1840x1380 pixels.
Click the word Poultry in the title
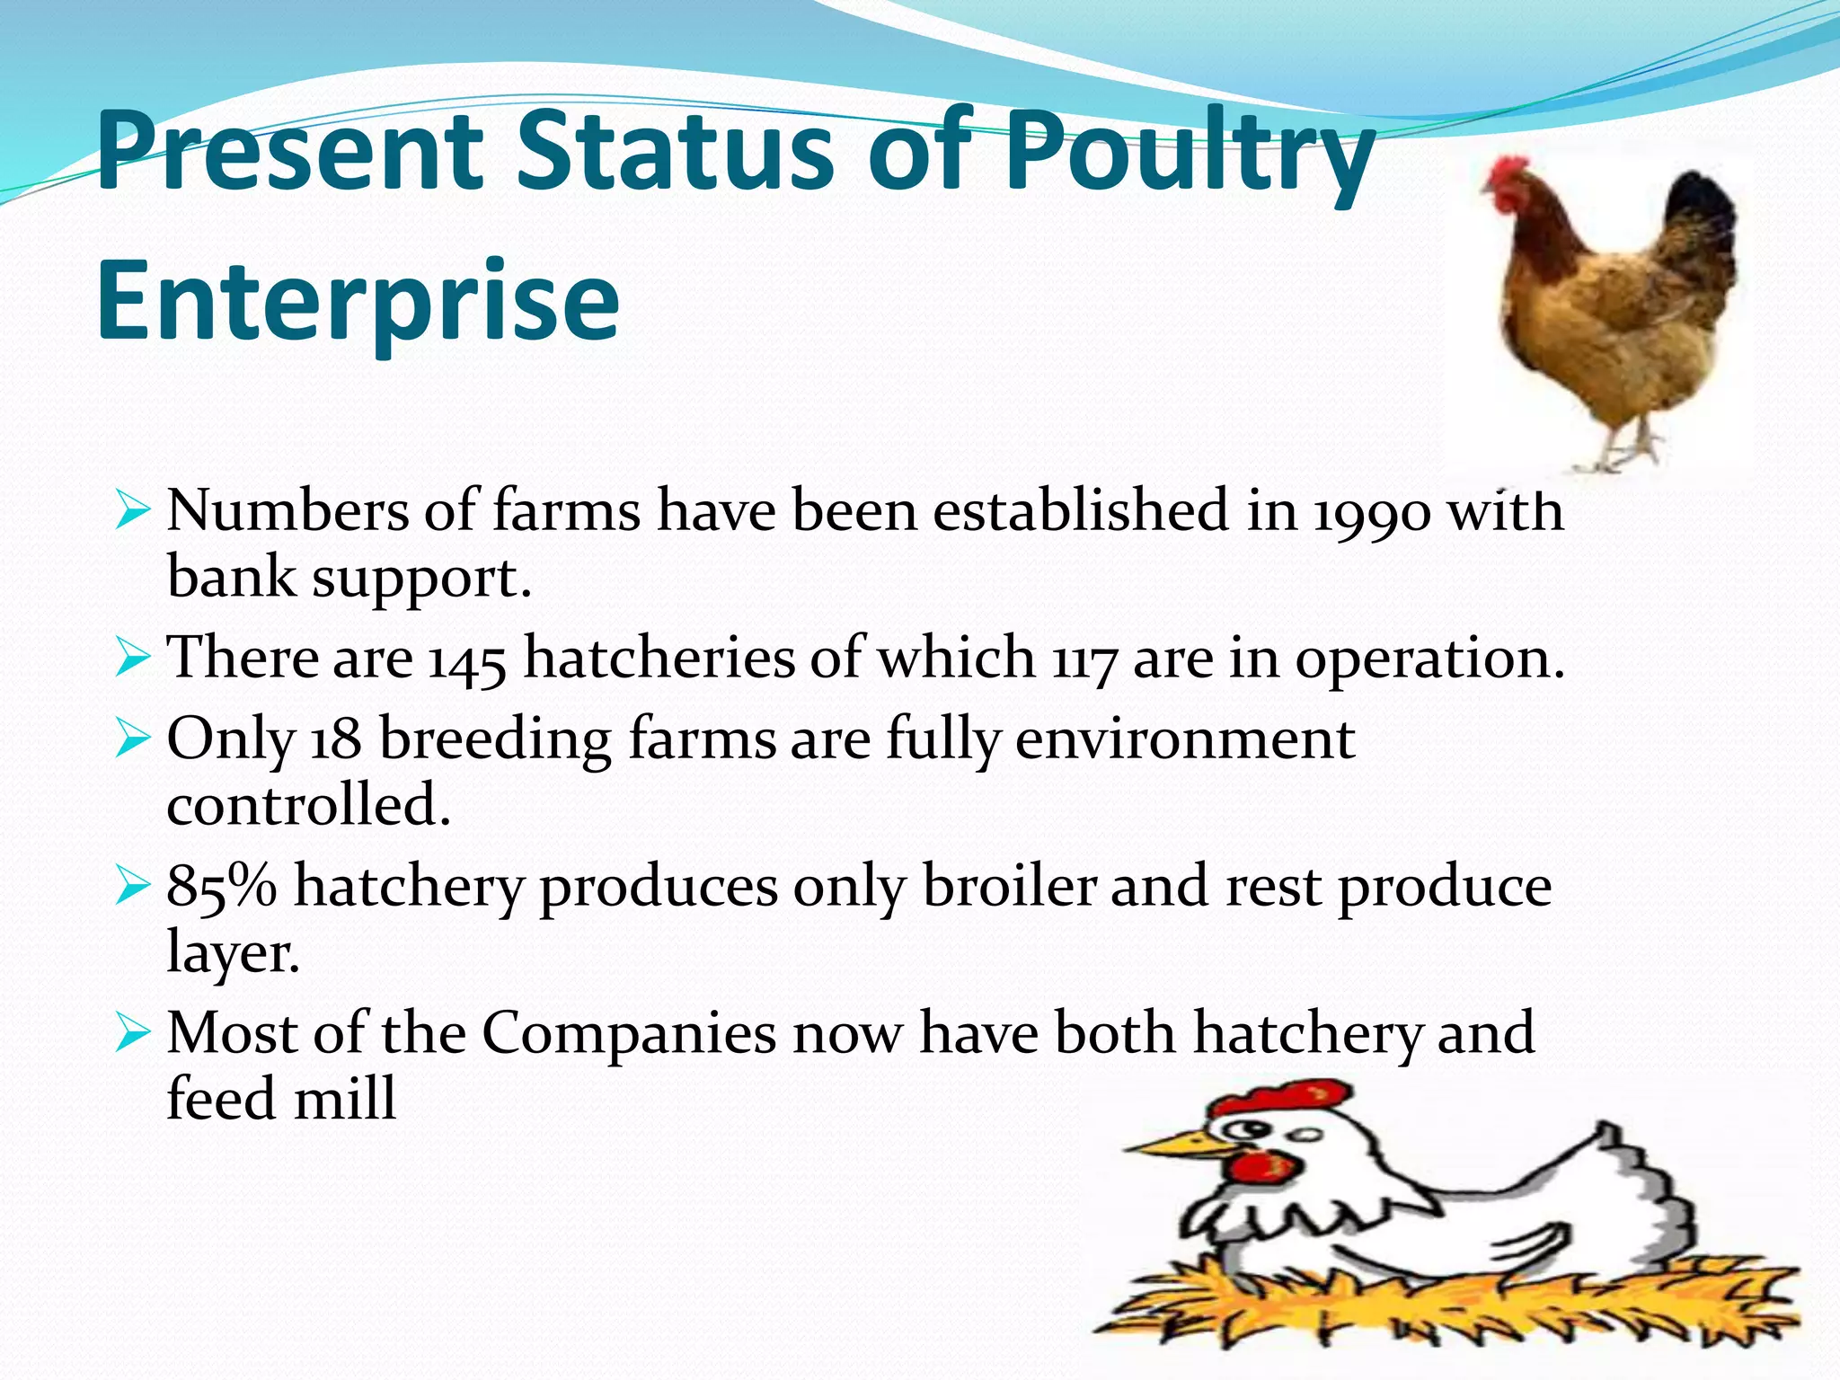pos(1186,153)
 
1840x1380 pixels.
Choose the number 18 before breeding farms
pos(336,741)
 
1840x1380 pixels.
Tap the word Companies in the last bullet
pos(629,1033)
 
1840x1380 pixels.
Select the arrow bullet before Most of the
pos(132,1035)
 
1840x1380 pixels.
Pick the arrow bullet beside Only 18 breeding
pos(132,742)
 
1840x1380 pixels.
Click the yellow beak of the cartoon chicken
pos(1168,1146)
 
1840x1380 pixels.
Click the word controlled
pos(307,806)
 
